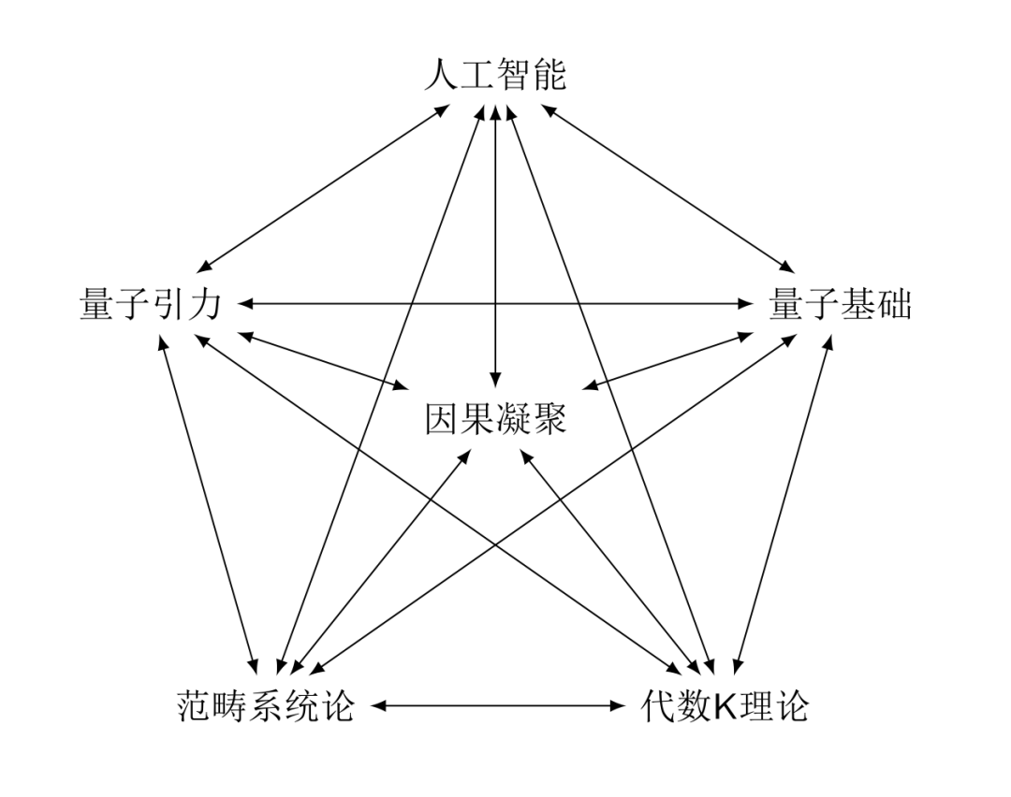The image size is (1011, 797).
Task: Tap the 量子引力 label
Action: [150, 305]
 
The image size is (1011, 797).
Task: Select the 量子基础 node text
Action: [840, 305]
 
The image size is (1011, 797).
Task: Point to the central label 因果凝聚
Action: [496, 420]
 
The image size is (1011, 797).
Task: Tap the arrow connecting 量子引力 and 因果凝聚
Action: [323, 359]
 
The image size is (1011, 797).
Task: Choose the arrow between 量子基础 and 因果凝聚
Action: [668, 359]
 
